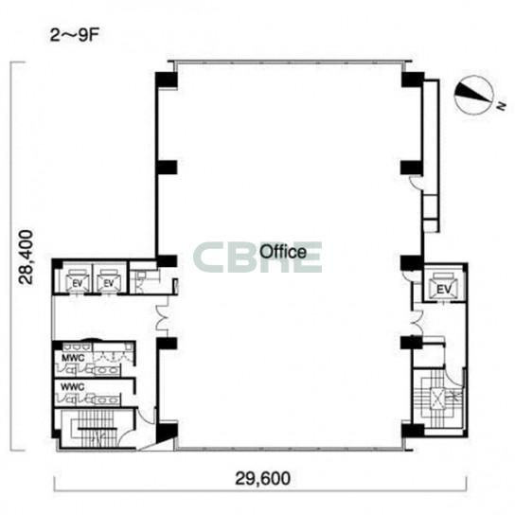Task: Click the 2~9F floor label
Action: (74, 35)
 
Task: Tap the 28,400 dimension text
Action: (27, 257)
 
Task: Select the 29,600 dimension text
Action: (262, 478)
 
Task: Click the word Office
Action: (283, 252)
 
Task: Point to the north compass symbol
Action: (474, 95)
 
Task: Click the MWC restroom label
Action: (73, 358)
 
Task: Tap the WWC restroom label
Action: (73, 387)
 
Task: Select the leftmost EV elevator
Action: (78, 281)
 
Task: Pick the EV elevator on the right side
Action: (443, 286)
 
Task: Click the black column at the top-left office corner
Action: (167, 80)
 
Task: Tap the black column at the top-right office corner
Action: (413, 80)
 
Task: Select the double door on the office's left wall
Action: (162, 318)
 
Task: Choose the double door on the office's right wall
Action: (417, 322)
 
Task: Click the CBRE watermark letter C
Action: (210, 257)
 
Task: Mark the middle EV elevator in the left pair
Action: (108, 281)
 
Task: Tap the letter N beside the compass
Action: (501, 106)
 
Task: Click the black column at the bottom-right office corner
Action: (413, 430)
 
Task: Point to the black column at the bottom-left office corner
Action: (167, 432)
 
